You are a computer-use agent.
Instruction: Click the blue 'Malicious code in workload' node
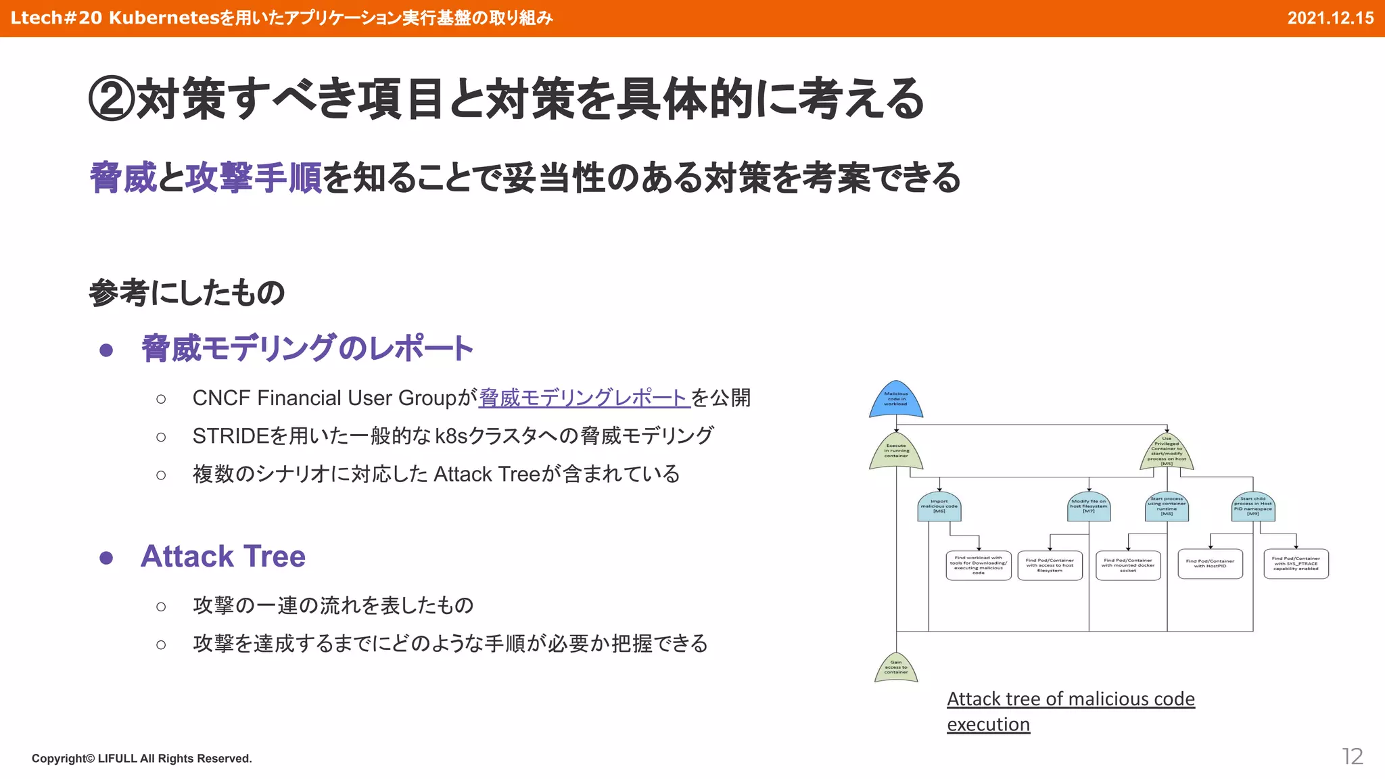895,400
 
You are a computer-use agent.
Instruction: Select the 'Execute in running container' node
896,452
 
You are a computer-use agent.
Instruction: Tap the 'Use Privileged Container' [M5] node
1167,452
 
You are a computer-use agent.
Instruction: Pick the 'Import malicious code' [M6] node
939,507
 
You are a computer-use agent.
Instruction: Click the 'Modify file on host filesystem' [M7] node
1089,507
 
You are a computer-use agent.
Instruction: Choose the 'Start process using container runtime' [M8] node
1167,507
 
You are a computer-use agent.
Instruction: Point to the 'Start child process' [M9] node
1253,507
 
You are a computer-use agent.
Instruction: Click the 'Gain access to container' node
896,667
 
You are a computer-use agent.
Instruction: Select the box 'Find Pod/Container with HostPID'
1210,564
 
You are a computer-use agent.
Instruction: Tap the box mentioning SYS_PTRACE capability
1296,564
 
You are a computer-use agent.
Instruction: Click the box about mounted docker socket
1128,565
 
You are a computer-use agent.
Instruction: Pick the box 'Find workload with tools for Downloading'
979,565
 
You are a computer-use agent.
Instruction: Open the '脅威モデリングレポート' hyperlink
584,398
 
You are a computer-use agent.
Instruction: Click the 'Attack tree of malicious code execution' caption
1070,711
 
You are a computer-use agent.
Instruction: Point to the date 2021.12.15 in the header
1330,18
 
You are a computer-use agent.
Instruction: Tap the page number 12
1352,756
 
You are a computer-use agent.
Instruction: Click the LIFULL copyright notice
141,759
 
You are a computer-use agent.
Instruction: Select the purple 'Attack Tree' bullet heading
223,557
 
